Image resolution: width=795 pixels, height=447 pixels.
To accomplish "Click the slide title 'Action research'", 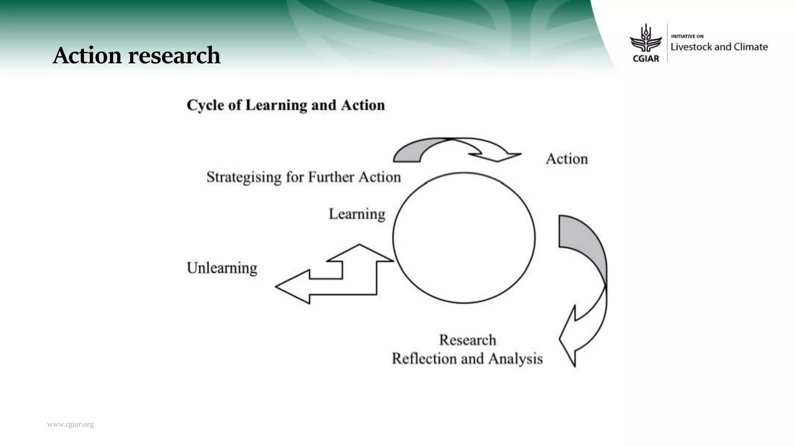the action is click(136, 55).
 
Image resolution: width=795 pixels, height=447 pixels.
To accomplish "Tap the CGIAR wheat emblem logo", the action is click(646, 39).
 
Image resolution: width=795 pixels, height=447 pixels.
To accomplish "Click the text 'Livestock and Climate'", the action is click(719, 47).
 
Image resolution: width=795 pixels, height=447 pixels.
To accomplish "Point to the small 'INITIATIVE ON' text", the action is click(687, 36).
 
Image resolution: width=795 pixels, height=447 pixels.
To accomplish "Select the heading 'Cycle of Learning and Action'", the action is click(286, 105).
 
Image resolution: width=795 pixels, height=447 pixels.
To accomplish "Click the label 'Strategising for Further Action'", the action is click(304, 177).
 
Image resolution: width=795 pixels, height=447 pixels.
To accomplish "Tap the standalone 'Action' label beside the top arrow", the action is click(567, 159).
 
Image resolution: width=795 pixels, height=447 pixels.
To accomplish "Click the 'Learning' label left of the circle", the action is click(357, 214).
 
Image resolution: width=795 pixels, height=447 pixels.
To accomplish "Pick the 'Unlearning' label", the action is click(222, 268).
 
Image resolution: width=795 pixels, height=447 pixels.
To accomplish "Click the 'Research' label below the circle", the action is click(467, 340).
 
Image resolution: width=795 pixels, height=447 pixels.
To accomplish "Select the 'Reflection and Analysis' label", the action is click(467, 359).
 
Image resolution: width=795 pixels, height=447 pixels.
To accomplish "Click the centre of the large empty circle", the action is click(464, 237).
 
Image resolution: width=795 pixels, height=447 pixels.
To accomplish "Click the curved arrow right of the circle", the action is click(586, 287).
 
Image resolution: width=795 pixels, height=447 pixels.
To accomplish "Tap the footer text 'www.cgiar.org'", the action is click(70, 424).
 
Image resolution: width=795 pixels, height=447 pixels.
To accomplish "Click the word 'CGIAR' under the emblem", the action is click(646, 59).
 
